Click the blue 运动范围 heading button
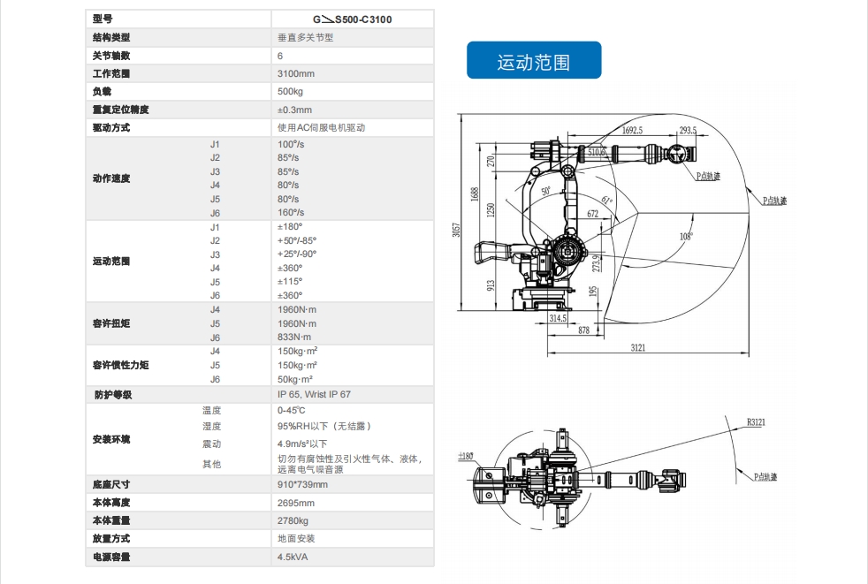[x=534, y=62]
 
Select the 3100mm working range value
[x=295, y=73]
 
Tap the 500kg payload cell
[x=290, y=92]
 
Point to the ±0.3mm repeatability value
[x=294, y=110]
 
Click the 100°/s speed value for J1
[x=290, y=144]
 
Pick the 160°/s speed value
[x=290, y=213]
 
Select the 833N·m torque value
[x=294, y=338]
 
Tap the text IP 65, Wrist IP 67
[x=314, y=394]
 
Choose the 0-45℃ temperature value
[x=291, y=410]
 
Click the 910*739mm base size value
[x=302, y=484]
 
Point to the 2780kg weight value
[x=293, y=520]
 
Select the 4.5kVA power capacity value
[x=293, y=557]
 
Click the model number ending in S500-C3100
[x=352, y=18]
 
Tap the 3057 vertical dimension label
[x=456, y=229]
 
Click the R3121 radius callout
[x=756, y=422]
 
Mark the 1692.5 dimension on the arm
[x=631, y=130]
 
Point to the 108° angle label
[x=686, y=236]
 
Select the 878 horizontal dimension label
[x=583, y=330]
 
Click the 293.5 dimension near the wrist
[x=688, y=130]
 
